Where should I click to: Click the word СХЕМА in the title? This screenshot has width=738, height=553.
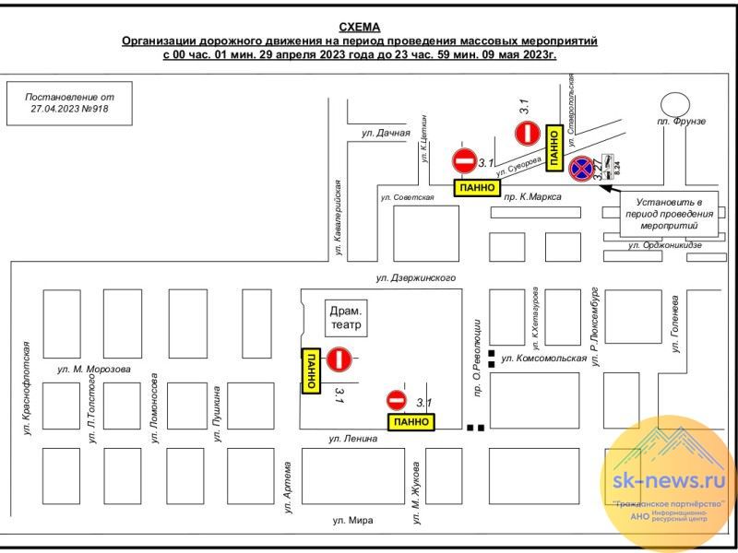[360, 27]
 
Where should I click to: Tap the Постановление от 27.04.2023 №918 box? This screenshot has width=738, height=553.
[70, 102]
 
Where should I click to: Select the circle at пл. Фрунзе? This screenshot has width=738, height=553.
[674, 102]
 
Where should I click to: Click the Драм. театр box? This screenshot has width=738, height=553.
[348, 318]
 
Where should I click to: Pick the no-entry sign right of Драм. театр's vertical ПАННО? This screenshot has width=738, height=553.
[339, 358]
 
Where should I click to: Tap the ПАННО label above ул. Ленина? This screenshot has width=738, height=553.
[411, 421]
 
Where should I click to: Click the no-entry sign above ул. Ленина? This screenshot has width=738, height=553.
[397, 400]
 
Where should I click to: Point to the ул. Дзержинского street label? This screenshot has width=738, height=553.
[415, 276]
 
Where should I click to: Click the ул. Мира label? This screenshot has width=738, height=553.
[353, 521]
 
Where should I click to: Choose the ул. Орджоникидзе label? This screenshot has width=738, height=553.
[664, 245]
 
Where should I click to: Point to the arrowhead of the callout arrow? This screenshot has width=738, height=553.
[605, 188]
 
